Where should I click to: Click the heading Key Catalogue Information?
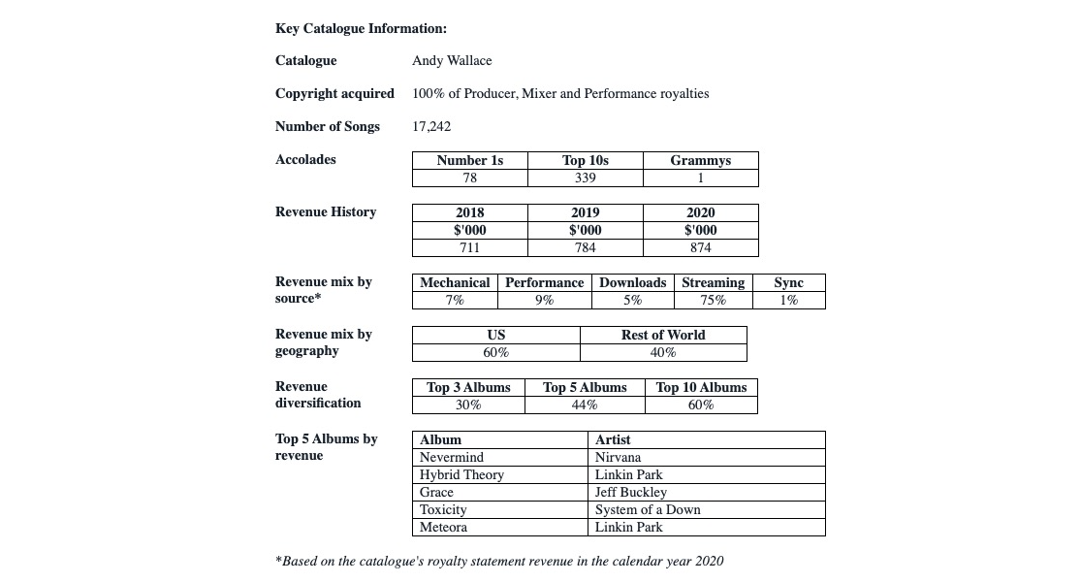click(361, 28)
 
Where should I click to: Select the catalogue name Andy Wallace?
click(452, 60)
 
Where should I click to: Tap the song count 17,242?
click(431, 126)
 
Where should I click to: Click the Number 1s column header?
click(469, 160)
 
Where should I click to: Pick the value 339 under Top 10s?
click(585, 178)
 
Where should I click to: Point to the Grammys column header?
click(700, 160)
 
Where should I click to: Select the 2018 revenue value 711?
click(469, 247)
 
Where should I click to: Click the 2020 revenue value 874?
click(700, 247)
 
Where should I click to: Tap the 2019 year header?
click(585, 212)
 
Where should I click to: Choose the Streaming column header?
click(713, 282)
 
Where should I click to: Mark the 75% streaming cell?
click(713, 300)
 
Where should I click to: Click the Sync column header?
click(788, 282)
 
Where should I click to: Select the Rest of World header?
click(663, 335)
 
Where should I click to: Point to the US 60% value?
click(495, 352)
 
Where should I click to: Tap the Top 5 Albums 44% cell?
click(585, 405)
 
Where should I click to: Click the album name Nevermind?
click(451, 457)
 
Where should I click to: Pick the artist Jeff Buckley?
click(630, 492)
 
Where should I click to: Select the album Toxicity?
click(443, 509)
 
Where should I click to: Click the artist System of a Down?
click(647, 509)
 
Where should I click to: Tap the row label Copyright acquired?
click(334, 93)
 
